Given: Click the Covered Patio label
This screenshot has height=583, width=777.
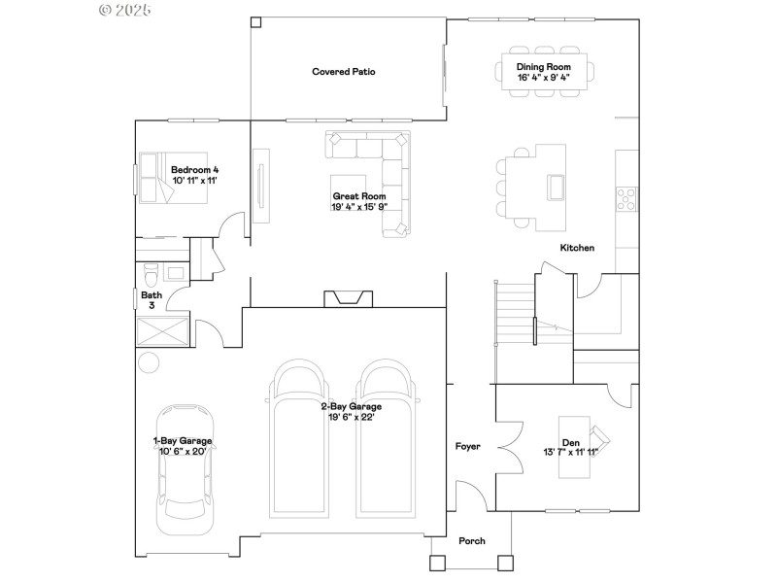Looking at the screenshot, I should click(x=344, y=72).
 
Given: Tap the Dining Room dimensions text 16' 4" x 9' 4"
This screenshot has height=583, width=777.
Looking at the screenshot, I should click(x=543, y=77).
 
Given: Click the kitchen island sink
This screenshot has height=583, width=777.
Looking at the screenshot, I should click(x=557, y=185).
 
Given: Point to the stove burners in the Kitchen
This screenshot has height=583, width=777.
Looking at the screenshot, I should click(x=626, y=199).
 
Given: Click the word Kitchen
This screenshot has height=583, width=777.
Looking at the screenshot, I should click(x=577, y=248).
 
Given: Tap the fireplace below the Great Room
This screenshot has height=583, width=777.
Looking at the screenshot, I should click(x=348, y=298).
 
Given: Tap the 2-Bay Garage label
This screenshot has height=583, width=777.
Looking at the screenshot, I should click(x=352, y=407).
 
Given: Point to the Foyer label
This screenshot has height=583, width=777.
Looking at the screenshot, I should click(x=468, y=447).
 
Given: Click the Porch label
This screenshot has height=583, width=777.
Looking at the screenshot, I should click(x=471, y=541).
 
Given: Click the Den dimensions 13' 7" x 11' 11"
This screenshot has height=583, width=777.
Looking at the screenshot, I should click(x=571, y=452).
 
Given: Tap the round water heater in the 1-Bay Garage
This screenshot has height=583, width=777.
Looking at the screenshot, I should click(x=148, y=362).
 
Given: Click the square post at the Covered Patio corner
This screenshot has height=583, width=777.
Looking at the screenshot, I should click(x=255, y=21).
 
